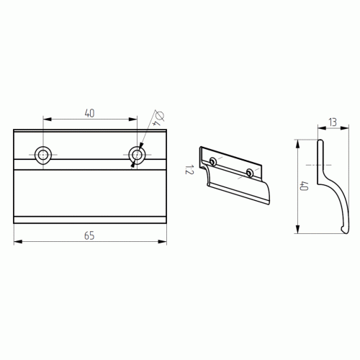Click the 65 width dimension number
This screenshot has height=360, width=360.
point(89,235)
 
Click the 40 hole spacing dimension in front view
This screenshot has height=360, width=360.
point(89,113)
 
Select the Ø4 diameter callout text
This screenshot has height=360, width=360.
point(159,118)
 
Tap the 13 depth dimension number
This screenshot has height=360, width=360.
point(333,122)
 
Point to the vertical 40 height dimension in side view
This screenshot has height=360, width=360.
point(304,186)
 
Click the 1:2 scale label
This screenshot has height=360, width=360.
point(189,169)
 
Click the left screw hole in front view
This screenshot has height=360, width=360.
point(43,155)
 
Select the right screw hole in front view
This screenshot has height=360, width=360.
point(137,155)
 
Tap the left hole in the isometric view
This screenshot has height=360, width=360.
point(212,161)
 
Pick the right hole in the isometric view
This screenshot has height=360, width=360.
point(250,173)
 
